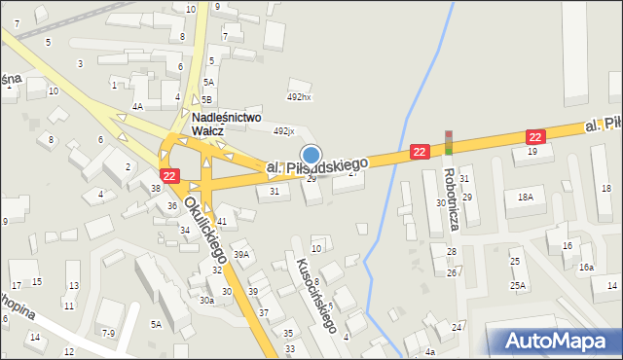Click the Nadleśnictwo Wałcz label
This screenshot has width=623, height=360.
point(227,124)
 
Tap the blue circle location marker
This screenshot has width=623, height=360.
point(311,154)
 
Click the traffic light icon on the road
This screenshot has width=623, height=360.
point(449,143)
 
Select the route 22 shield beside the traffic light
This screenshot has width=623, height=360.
point(419,152)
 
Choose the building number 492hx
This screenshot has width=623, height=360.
point(298,97)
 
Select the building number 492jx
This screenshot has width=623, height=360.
point(283,130)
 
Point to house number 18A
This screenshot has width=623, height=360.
point(526,197)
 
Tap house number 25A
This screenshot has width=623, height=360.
point(518,285)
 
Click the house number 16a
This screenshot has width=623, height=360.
point(586,267)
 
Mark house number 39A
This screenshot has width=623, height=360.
point(241,254)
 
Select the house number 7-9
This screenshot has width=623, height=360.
point(107,333)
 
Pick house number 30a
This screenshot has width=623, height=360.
point(206,301)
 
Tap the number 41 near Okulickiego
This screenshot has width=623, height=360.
point(222,223)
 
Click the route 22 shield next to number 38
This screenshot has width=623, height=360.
point(169,175)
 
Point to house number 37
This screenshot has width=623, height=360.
point(264,311)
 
